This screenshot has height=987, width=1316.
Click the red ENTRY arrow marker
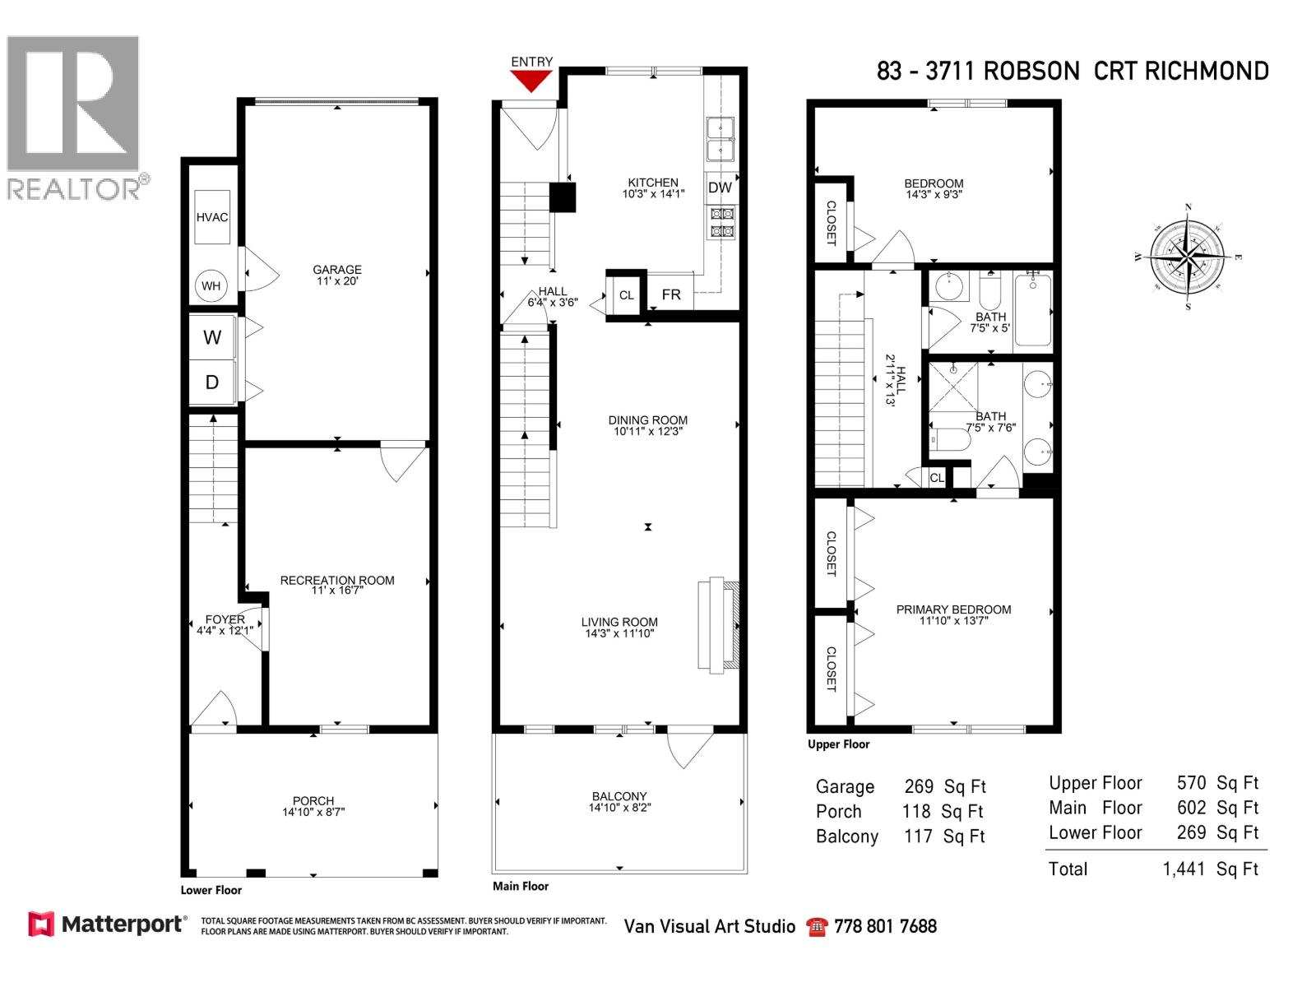531,80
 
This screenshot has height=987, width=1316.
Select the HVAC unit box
212,217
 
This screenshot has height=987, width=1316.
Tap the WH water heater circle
211,286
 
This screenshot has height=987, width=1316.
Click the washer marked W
212,337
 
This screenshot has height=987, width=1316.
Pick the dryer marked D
212,382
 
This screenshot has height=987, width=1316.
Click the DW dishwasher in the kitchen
720,188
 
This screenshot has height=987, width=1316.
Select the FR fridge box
670,294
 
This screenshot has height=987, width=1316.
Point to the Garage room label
336,269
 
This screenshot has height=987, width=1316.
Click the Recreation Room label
337,580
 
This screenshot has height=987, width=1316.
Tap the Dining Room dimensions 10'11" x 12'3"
648,431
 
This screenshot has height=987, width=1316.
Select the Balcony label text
619,796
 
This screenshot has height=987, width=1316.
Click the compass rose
1188,257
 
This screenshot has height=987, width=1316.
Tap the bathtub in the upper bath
1033,310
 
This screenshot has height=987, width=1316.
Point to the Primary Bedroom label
953,609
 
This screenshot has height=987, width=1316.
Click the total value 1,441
1183,869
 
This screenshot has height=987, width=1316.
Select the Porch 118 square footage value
916,812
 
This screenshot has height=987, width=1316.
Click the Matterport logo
107,924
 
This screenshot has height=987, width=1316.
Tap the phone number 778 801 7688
885,927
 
